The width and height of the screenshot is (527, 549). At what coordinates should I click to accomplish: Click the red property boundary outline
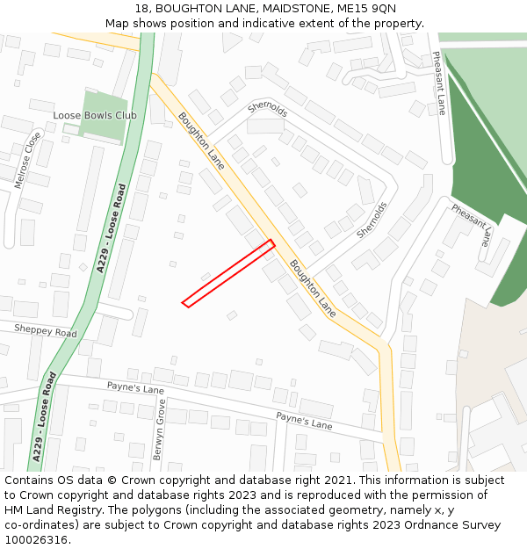pyautogui.click(x=228, y=273)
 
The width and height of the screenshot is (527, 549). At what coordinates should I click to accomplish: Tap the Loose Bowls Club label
pyautogui.click(x=95, y=115)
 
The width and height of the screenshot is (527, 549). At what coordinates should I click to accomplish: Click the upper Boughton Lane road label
pyautogui.click(x=201, y=141)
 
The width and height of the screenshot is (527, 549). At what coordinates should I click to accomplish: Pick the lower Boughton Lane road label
pyautogui.click(x=313, y=288)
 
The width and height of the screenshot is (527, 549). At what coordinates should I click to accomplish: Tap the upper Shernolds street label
pyautogui.click(x=268, y=109)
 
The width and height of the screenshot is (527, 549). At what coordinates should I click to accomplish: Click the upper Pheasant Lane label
pyautogui.click(x=439, y=83)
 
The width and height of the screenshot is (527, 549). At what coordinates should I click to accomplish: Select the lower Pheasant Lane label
pyautogui.click(x=473, y=226)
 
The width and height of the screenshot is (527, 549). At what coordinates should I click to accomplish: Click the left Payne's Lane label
pyautogui.click(x=135, y=387)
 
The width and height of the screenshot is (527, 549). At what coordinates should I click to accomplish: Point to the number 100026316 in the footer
pyautogui.click(x=35, y=540)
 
